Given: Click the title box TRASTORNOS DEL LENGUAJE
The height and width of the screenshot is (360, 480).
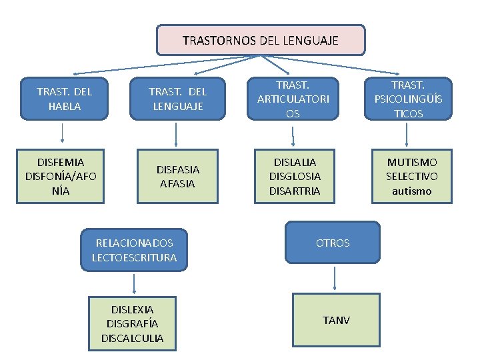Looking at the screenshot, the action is pyautogui.click(x=261, y=40).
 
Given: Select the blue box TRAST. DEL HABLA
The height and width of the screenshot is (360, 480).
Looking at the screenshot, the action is pyautogui.click(x=64, y=99).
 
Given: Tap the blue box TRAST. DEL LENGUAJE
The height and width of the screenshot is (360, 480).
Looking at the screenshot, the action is pyautogui.click(x=177, y=99).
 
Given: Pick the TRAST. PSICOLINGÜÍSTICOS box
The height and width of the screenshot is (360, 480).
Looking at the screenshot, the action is pyautogui.click(x=407, y=99).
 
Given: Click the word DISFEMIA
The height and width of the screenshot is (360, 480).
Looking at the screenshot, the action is pyautogui.click(x=61, y=162).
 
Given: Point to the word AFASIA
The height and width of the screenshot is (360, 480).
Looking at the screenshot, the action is pyautogui.click(x=177, y=183).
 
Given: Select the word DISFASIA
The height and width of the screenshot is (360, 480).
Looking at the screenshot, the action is pyautogui.click(x=177, y=169).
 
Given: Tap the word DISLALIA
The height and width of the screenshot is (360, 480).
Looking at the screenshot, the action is pyautogui.click(x=294, y=162).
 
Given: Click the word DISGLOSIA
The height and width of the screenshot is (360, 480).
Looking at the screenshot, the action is pyautogui.click(x=294, y=176).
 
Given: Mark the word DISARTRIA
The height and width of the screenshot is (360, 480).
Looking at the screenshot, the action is pyautogui.click(x=294, y=191).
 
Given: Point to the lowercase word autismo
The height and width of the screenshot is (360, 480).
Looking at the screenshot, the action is pyautogui.click(x=412, y=191).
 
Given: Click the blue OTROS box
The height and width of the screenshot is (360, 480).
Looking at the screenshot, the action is pyautogui.click(x=332, y=243).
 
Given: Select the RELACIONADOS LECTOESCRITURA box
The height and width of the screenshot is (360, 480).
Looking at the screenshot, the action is pyautogui.click(x=135, y=250).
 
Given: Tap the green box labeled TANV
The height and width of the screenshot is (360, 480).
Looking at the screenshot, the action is pyautogui.click(x=335, y=321).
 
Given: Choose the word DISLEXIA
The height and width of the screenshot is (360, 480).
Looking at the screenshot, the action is pyautogui.click(x=132, y=309).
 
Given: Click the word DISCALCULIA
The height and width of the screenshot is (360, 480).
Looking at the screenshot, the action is pyautogui.click(x=132, y=338).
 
